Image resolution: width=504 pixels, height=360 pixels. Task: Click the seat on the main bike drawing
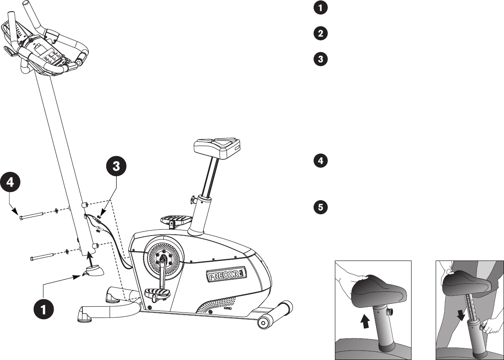217,147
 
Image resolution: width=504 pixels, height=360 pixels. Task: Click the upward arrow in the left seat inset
366,322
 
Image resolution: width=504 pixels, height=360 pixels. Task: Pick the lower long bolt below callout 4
42,257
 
